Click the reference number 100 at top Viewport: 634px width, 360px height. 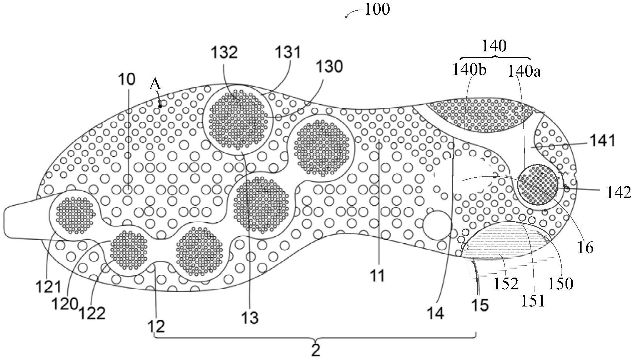coord(377,9)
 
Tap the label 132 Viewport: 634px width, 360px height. coord(224,53)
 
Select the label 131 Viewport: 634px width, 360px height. coord(288,52)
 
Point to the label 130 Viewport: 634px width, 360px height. coord(329,66)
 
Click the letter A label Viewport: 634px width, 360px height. coord(155,84)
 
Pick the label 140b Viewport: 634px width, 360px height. coord(469,70)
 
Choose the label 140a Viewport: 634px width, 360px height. coord(524,72)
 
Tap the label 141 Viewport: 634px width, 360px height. coord(603,141)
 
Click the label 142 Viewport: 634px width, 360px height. coord(619,193)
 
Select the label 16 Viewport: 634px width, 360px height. coord(585,247)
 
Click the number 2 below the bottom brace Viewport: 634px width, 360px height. coord(316,350)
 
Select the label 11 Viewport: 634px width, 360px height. coord(377,275)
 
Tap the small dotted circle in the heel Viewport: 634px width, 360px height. coord(537,185)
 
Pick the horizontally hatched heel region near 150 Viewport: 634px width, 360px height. coord(507,241)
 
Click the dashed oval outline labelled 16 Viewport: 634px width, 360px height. coord(464,175)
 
